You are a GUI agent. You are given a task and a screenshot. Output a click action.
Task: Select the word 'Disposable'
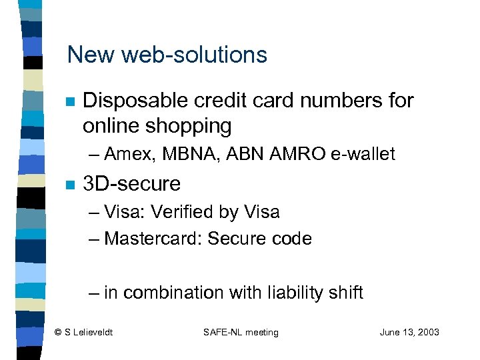[x=137, y=101]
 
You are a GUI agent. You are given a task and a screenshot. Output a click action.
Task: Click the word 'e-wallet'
[x=363, y=154]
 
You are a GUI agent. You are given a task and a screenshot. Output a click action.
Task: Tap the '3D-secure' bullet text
[x=131, y=183]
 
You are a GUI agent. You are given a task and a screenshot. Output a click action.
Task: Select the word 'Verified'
[x=189, y=213]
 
